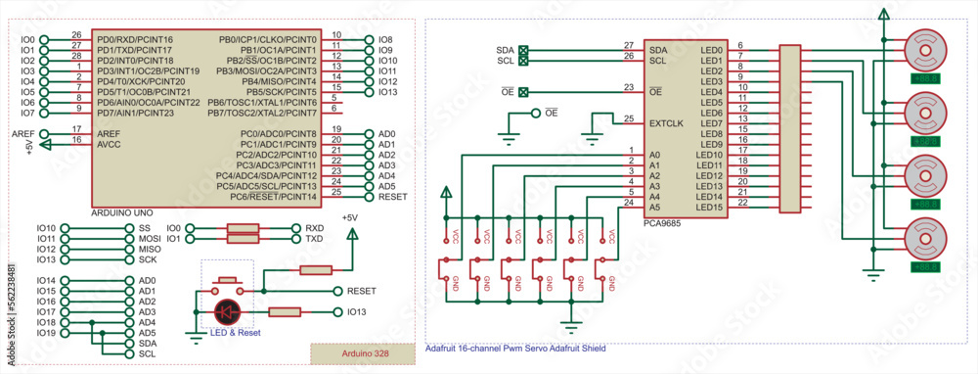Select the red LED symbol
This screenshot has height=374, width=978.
228,311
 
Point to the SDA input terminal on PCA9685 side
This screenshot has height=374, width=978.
523,49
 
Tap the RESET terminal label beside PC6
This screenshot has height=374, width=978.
392,197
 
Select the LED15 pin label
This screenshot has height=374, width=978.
709,207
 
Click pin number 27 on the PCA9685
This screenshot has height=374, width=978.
628,45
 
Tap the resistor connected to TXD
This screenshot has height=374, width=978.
243,238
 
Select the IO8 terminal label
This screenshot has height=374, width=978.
385,39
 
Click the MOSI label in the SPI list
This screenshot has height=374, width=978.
150,238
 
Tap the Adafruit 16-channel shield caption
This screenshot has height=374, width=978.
516,349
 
